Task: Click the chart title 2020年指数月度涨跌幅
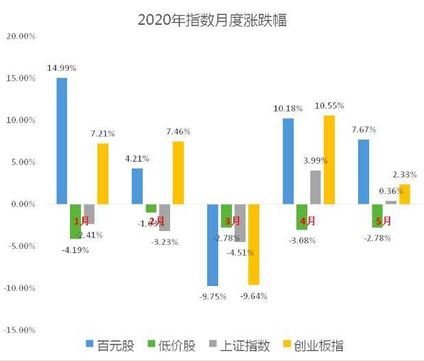point(212,20)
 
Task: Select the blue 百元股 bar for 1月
point(62,141)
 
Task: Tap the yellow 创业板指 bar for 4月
point(329,160)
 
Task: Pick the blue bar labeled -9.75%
point(213,245)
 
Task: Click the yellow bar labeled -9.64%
point(254,244)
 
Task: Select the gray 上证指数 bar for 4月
point(315,187)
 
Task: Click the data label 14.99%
point(62,68)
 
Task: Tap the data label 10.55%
point(329,106)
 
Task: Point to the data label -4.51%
point(241,252)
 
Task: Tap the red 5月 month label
point(384,221)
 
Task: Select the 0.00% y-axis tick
point(21,204)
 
